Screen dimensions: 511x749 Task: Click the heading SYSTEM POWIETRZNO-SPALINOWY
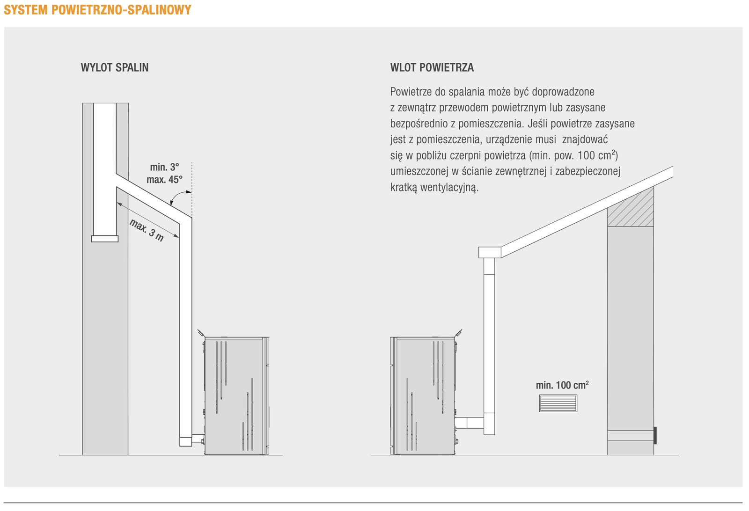pyautogui.click(x=97, y=10)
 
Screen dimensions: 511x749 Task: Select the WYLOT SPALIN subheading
pyautogui.click(x=115, y=67)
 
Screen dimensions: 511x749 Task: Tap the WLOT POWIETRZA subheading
pyautogui.click(x=432, y=67)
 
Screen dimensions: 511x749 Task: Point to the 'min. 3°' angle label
pyautogui.click(x=164, y=167)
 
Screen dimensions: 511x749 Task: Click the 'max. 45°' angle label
pyautogui.click(x=164, y=180)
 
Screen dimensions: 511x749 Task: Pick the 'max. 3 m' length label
pyautogui.click(x=147, y=230)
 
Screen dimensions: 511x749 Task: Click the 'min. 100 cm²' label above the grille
pyautogui.click(x=562, y=385)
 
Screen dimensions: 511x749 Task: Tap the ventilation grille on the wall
pyautogui.click(x=558, y=403)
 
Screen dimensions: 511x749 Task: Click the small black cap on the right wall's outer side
pyautogui.click(x=655, y=435)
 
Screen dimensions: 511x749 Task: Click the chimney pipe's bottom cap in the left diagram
pyautogui.click(x=105, y=239)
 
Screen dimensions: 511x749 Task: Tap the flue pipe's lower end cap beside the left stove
pyautogui.click(x=185, y=441)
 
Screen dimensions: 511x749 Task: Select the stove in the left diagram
pyautogui.click(x=236, y=395)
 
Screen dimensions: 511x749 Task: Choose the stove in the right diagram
pyautogui.click(x=423, y=395)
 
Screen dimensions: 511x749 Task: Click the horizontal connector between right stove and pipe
pyautogui.click(x=469, y=423)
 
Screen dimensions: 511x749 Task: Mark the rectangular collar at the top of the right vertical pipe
pyautogui.click(x=490, y=252)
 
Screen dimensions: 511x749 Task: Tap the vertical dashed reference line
pyautogui.click(x=192, y=187)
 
